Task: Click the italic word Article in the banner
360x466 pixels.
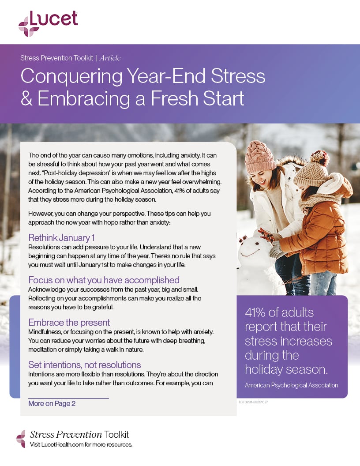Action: (x=110, y=58)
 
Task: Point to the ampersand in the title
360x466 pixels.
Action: (x=26, y=98)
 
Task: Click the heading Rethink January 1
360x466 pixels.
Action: (x=61, y=238)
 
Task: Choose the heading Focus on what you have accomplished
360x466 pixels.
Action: (x=104, y=280)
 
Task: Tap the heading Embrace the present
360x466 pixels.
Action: (x=69, y=322)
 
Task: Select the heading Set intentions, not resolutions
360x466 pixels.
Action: (x=85, y=365)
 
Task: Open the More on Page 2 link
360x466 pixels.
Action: (x=52, y=403)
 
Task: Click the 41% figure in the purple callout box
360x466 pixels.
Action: (x=260, y=313)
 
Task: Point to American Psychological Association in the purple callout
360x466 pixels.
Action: (x=291, y=385)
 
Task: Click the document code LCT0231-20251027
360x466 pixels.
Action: (x=253, y=402)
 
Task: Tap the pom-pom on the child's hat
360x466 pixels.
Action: (x=319, y=158)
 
